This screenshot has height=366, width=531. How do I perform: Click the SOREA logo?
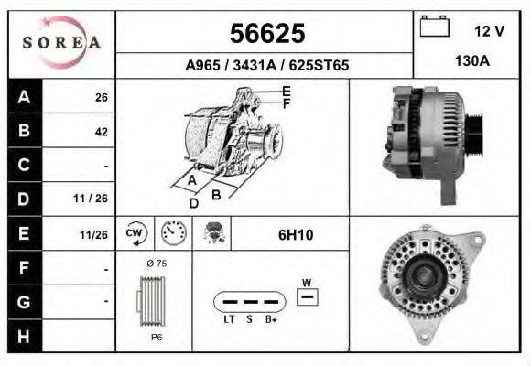tap(60, 43)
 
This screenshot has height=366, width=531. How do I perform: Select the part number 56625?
tap(266, 34)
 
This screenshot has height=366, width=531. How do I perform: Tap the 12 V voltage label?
tap(489, 31)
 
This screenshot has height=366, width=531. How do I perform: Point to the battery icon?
tap(434, 28)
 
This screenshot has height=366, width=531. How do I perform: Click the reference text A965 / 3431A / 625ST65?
tap(266, 66)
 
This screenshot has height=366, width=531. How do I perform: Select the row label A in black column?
tap(24, 97)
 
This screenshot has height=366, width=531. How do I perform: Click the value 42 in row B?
tap(101, 131)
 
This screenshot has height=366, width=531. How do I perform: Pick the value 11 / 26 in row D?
tap(95, 199)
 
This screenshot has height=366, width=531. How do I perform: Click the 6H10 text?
tap(295, 235)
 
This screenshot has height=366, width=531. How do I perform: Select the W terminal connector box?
tap(308, 296)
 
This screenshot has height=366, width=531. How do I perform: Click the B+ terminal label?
tap(272, 319)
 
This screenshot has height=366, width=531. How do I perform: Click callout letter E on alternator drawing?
tap(287, 91)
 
